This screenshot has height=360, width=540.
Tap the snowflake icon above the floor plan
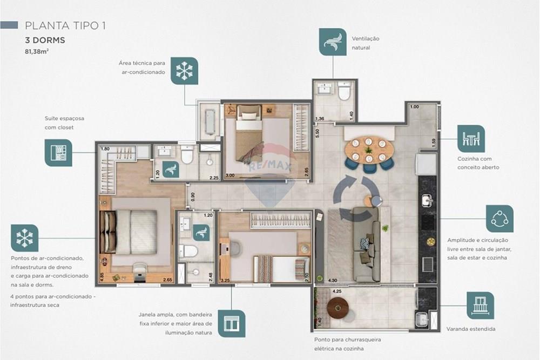click(x=184, y=70)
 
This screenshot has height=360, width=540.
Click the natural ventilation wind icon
click(x=333, y=42)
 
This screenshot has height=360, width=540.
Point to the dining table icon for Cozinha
click(x=471, y=139)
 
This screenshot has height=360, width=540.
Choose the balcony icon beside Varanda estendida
click(x=480, y=305)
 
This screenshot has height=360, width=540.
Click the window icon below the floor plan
click(x=232, y=323)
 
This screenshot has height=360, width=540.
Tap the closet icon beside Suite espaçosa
click(x=58, y=153)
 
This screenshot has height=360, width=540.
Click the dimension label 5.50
click(x=318, y=131)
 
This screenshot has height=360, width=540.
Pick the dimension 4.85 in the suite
click(x=102, y=278)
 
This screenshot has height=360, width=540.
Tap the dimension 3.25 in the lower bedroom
click(x=226, y=281)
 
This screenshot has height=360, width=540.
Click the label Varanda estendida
click(x=471, y=329)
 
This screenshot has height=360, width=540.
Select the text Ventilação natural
click(x=366, y=43)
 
